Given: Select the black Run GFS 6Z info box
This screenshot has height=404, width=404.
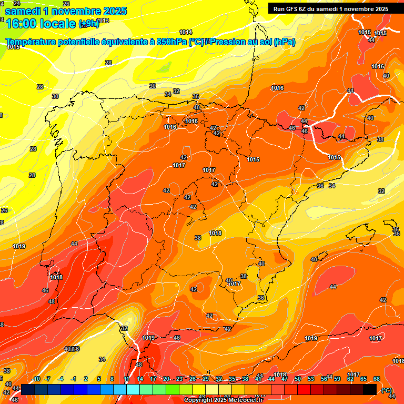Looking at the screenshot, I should pyautogui.click(x=330, y=8).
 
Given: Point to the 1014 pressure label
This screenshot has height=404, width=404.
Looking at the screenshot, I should pyautogui.click(x=186, y=32).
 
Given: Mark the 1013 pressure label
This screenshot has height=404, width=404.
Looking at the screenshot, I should pyautogui.click(x=103, y=21).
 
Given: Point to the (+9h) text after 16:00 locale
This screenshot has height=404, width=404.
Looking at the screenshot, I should pyautogui.click(x=88, y=23).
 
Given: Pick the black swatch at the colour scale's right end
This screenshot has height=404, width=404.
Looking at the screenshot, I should pyautogui.click(x=370, y=389).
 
